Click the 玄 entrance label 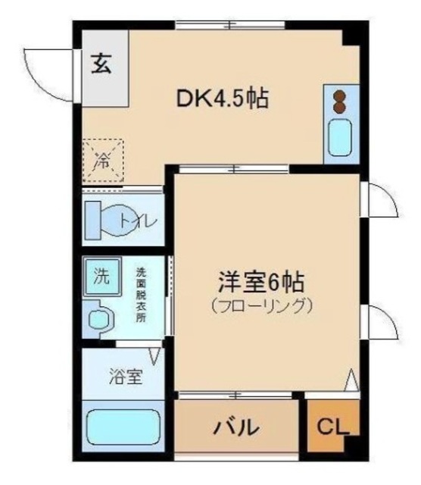click(x=101, y=64)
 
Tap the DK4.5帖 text click(x=223, y=99)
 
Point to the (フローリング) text click(x=262, y=306)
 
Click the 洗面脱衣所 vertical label click(x=141, y=295)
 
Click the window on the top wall click(x=230, y=26)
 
